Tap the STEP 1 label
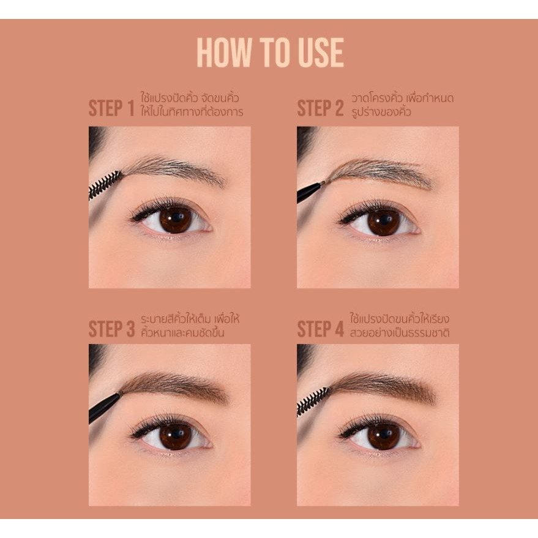(111, 108)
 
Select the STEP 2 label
(320, 108)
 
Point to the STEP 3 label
(111, 329)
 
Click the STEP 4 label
(321, 329)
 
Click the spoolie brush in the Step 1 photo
(105, 185)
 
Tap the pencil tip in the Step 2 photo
(320, 184)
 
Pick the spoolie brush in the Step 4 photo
(313, 402)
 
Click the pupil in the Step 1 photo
(176, 219)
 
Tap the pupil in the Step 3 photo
(176, 436)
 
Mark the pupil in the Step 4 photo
(384, 436)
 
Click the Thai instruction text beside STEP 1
(192, 105)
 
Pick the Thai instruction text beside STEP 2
(402, 105)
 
